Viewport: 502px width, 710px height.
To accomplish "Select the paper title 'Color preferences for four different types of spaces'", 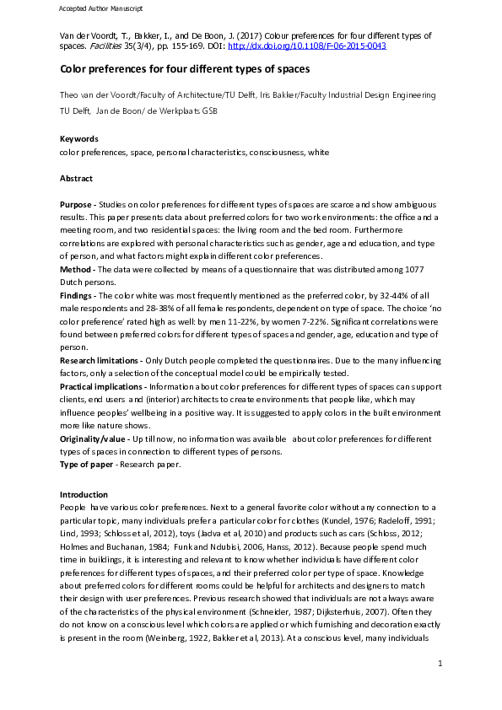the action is pyautogui.click(x=185, y=68).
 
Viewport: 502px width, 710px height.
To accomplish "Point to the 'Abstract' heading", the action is pyautogui.click(x=76, y=179).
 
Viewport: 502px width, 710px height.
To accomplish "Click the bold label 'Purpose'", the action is pyautogui.click(x=77, y=206).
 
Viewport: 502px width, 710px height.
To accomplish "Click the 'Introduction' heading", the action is pyautogui.click(x=84, y=494).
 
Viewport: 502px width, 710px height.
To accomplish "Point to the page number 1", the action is pyautogui.click(x=440, y=688).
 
